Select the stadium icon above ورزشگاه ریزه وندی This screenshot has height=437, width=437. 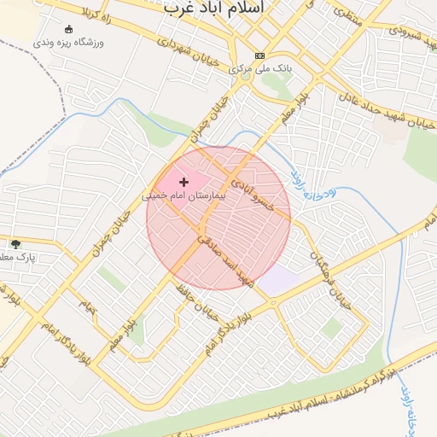(x=68, y=28)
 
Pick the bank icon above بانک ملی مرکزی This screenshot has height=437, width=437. (x=259, y=55)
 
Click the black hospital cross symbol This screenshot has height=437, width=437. (x=184, y=182)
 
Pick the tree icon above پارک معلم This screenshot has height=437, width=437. (x=15, y=245)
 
